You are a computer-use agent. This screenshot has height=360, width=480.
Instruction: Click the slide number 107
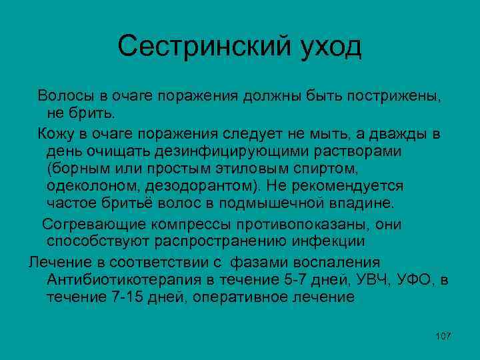point(443,335)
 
